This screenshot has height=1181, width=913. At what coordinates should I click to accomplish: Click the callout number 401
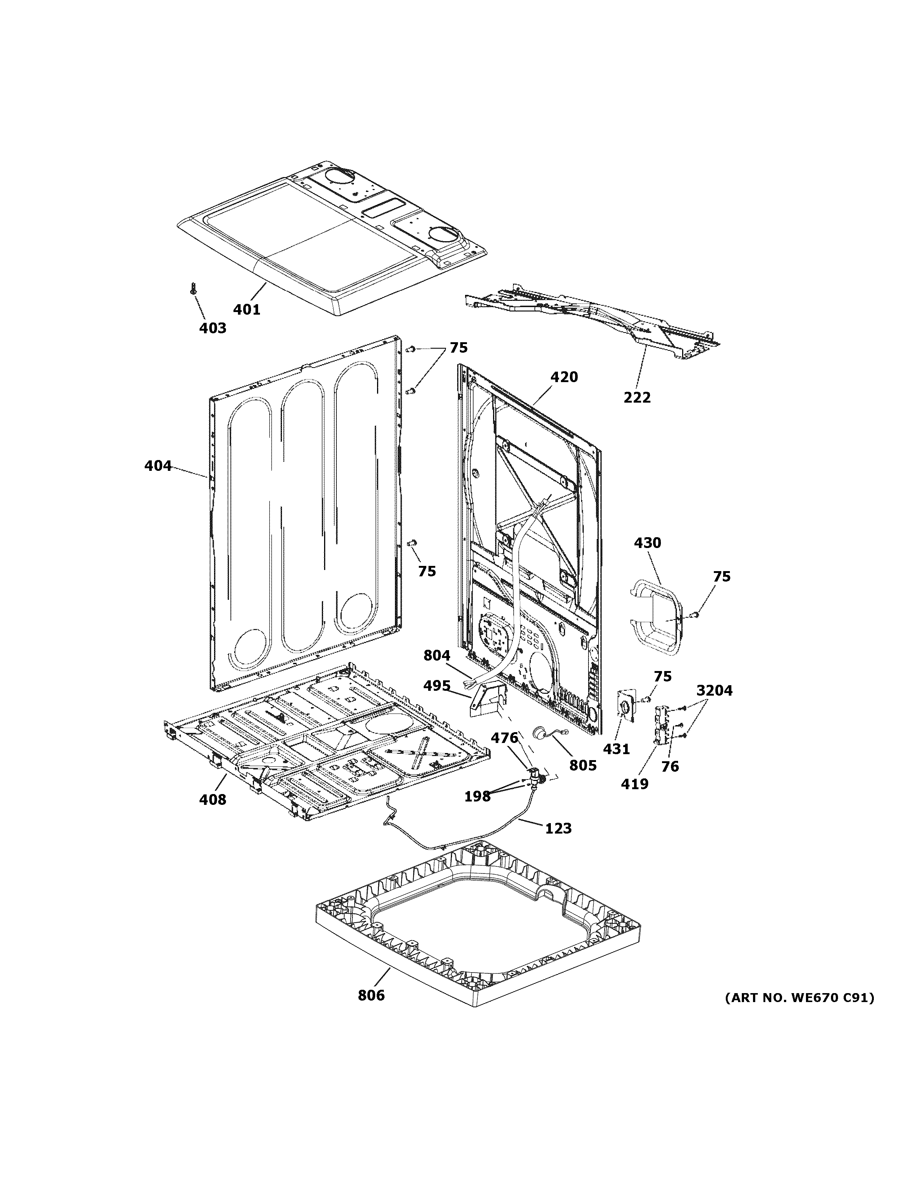click(247, 309)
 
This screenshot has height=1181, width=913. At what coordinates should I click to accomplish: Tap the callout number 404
click(157, 466)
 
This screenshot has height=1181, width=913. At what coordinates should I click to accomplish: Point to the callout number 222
click(637, 397)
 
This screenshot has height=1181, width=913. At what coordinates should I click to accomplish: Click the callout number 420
click(564, 377)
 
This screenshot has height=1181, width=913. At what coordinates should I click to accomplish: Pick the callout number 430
click(647, 542)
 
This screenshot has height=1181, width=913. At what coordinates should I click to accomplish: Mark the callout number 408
click(213, 799)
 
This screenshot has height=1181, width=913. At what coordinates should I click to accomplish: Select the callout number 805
click(583, 765)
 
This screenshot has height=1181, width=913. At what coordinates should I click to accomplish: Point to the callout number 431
click(616, 749)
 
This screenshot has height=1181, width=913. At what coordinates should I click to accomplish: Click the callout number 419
click(634, 784)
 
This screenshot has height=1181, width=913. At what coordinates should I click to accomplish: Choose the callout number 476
click(505, 738)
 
